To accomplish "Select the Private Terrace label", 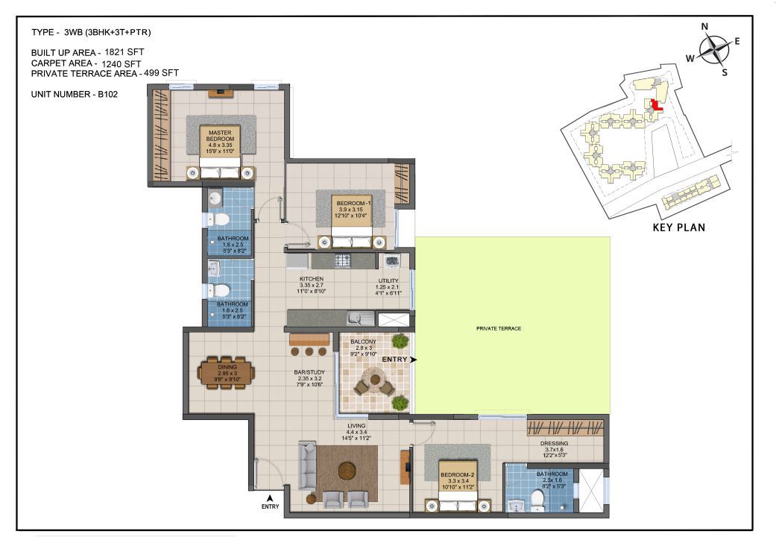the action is [499, 328].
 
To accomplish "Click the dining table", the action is [227, 373].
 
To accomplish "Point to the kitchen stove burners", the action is [343, 260].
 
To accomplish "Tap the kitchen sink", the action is [360, 318].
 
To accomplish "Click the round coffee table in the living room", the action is [347, 471].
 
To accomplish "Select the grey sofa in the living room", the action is [307, 466].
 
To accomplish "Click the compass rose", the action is [715, 49].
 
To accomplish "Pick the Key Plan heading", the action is [678, 228].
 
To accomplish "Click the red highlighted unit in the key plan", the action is [656, 105].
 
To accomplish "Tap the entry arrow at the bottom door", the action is [270, 498].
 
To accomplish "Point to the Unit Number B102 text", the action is [75, 94].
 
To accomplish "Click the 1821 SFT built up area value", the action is [124, 51].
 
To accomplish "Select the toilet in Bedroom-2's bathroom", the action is [537, 500].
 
